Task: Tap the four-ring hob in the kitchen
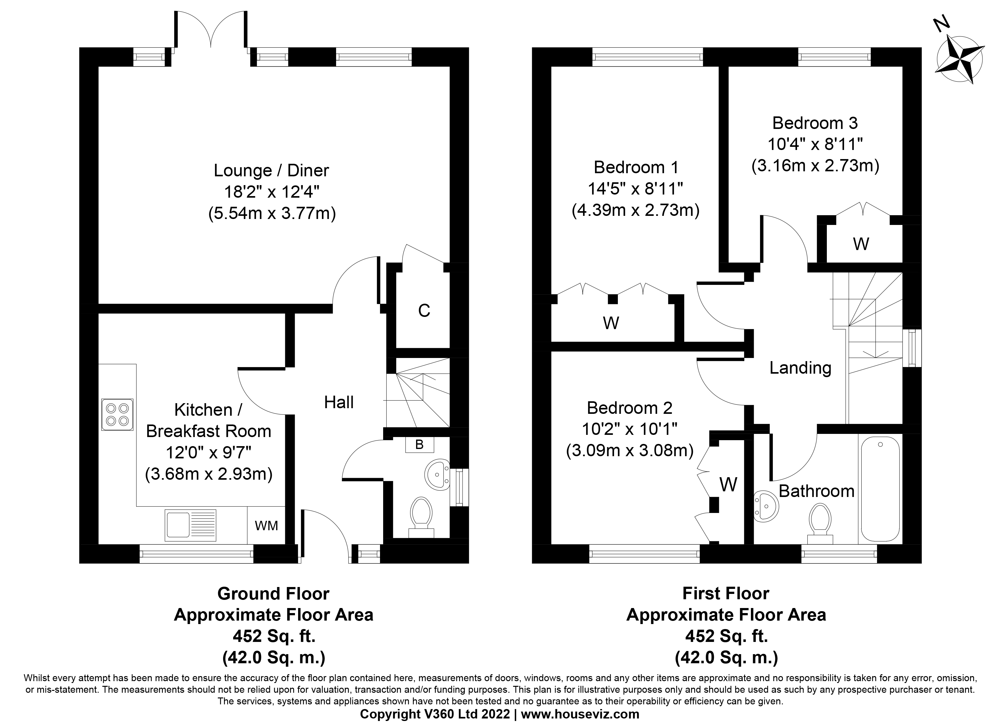[x=117, y=414]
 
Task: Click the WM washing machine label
[x=267, y=526]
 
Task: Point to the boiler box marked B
[x=419, y=445]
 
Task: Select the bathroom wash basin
[x=766, y=507]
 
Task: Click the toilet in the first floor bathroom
[x=820, y=523]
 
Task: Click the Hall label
[x=339, y=403]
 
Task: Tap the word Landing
[x=800, y=368]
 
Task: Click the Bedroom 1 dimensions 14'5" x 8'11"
[x=635, y=189]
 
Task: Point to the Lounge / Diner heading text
[x=271, y=170]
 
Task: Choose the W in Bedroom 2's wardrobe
[x=728, y=485]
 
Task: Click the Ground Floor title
[x=273, y=594]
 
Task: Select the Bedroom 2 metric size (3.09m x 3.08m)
[x=630, y=450]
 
